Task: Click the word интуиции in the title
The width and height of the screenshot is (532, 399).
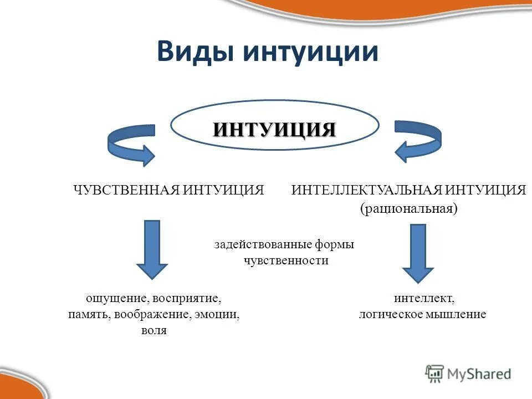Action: click(311, 52)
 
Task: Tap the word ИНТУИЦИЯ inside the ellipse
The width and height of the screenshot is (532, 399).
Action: click(275, 129)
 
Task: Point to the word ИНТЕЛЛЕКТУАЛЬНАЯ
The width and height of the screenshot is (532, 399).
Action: click(366, 190)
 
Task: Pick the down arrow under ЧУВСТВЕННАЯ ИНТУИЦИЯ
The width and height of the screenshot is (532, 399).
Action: click(152, 249)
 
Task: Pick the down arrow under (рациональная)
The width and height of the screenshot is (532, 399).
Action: click(418, 253)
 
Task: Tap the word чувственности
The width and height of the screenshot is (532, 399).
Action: click(286, 260)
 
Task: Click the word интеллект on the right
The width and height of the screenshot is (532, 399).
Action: click(424, 298)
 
